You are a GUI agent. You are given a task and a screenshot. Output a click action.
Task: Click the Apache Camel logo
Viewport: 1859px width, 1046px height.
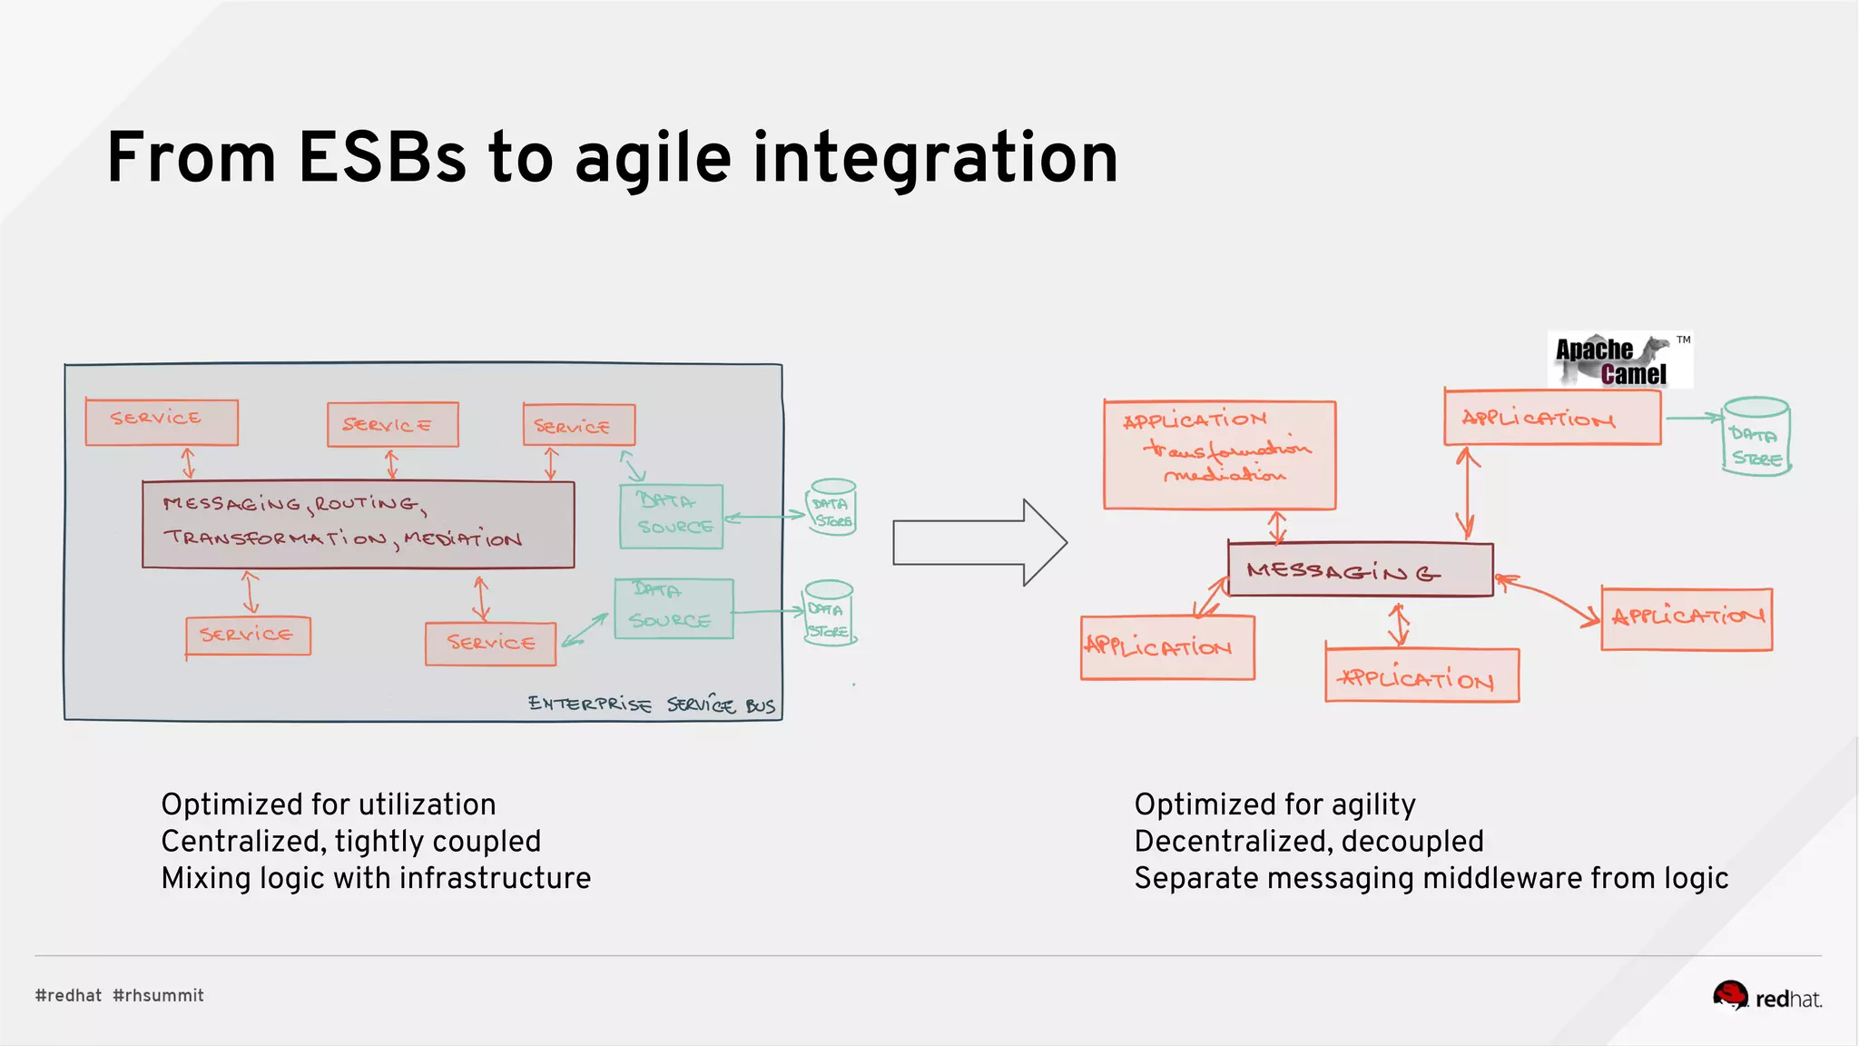click(x=1619, y=360)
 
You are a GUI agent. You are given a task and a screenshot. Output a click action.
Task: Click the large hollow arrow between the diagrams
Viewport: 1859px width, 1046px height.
click(x=979, y=542)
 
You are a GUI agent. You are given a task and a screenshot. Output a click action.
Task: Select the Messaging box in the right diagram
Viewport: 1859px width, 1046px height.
click(x=1359, y=570)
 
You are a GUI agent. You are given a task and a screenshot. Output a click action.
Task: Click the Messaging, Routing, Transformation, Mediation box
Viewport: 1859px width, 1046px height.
click(x=358, y=524)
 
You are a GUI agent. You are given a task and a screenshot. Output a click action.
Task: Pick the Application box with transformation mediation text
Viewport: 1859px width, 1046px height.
click(x=1219, y=454)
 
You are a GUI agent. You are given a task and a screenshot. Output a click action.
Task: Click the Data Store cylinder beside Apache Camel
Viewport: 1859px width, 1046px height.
click(x=1756, y=437)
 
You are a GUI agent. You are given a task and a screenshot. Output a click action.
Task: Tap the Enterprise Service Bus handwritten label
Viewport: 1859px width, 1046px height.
click(x=651, y=705)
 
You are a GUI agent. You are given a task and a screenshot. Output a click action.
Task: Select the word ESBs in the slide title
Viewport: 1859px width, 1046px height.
click(x=381, y=158)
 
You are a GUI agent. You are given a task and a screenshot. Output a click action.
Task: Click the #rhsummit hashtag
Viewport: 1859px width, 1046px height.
click(x=158, y=995)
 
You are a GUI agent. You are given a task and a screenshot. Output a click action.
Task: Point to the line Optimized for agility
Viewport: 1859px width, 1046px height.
click(x=1274, y=804)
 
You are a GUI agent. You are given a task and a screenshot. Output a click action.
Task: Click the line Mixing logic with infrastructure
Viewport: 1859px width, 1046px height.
click(x=376, y=878)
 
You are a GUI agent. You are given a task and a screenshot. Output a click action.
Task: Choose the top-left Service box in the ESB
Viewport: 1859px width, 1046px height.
click(x=162, y=422)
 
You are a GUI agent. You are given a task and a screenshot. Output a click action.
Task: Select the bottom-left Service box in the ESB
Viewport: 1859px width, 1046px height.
click(x=248, y=636)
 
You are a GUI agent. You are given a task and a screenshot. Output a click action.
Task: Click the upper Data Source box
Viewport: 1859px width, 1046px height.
click(x=671, y=517)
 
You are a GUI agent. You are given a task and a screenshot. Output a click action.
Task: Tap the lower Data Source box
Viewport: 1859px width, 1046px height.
click(x=673, y=609)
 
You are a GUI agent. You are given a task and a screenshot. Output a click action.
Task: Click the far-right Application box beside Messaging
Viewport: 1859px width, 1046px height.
click(x=1687, y=619)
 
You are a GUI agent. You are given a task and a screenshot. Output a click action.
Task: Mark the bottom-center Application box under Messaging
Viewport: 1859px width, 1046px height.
click(x=1421, y=676)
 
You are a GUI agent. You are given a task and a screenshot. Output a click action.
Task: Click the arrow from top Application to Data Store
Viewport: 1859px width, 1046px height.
click(x=1693, y=418)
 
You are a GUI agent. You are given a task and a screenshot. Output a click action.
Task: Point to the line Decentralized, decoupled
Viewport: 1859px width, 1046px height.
click(x=1308, y=841)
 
